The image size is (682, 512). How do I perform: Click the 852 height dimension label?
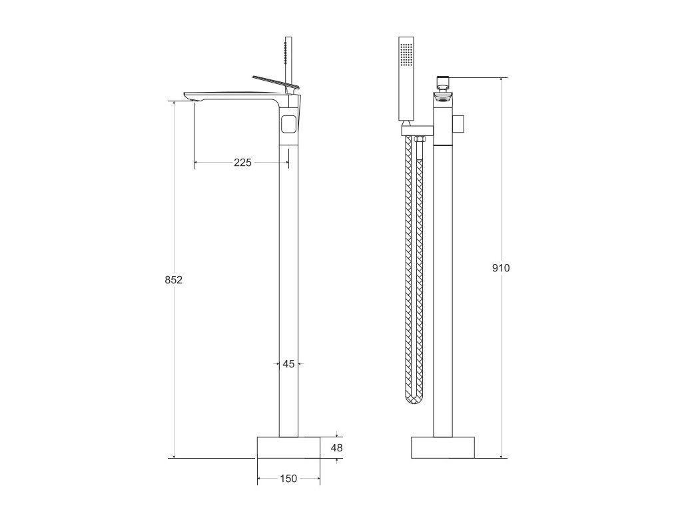(x=174, y=280)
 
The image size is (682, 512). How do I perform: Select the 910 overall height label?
(x=501, y=268)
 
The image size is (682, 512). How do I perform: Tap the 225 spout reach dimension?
(x=242, y=163)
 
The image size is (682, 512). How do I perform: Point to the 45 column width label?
(x=288, y=363)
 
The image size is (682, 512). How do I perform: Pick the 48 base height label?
(x=336, y=447)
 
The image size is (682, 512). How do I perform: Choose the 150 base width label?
(x=288, y=479)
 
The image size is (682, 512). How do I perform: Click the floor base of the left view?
(x=288, y=447)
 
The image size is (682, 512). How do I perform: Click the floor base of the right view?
(x=443, y=447)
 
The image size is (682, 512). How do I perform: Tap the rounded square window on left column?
(x=290, y=123)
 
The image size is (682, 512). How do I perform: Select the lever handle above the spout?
(x=276, y=83)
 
